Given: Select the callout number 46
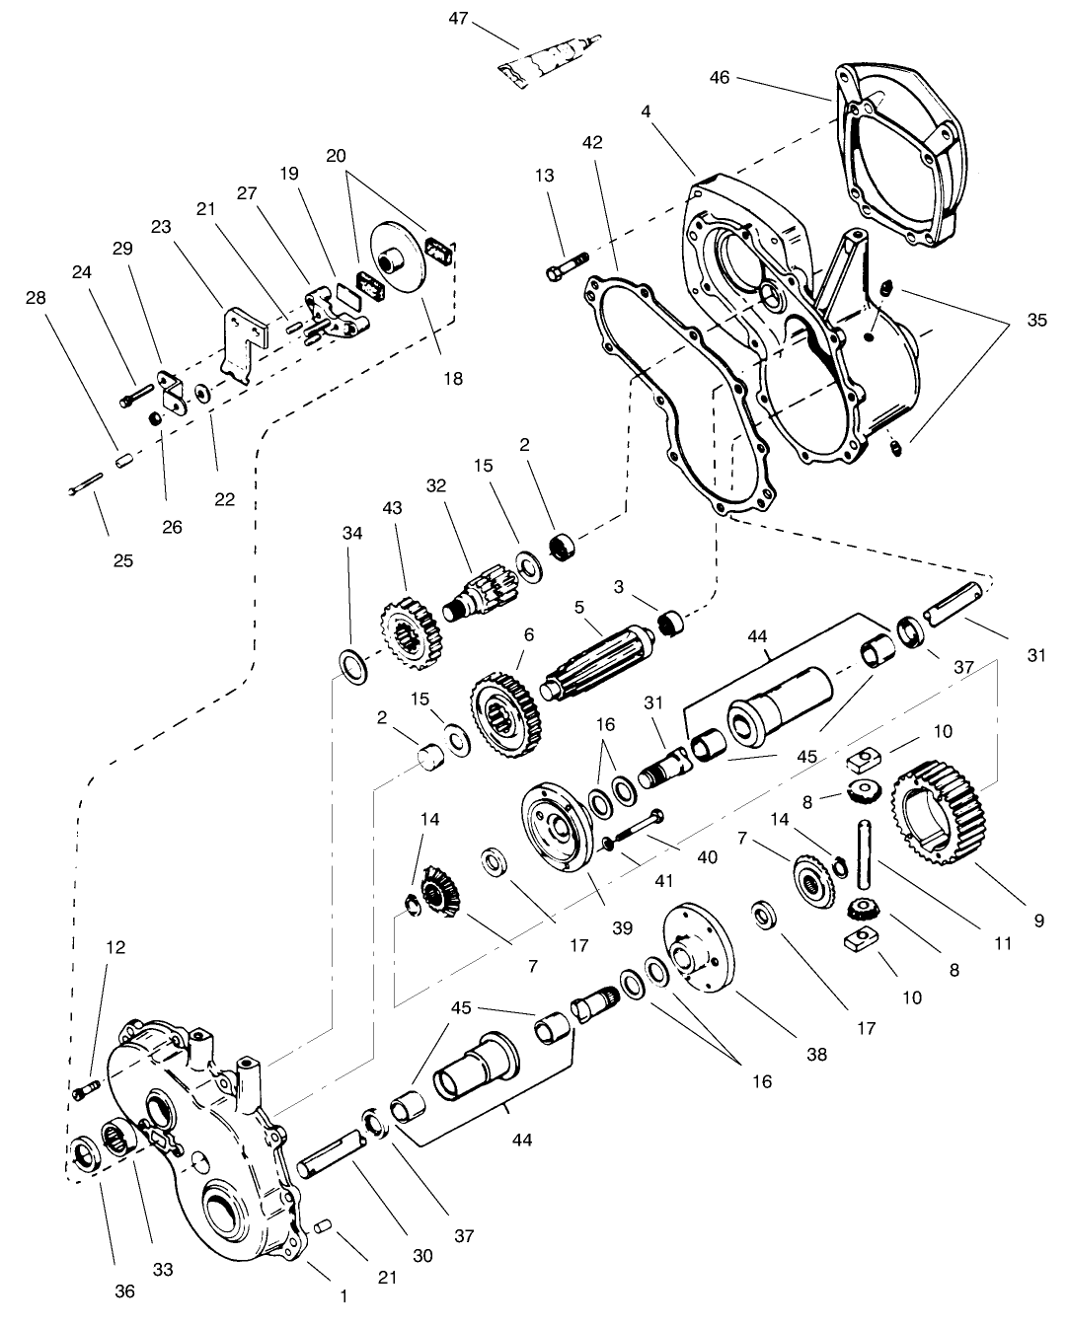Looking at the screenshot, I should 720,77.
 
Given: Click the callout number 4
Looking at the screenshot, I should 646,112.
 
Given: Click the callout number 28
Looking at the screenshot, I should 36,297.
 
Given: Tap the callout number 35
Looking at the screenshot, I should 1035,321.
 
